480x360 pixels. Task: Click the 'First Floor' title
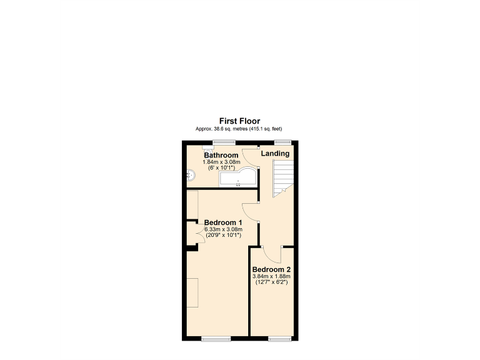tap(239, 121)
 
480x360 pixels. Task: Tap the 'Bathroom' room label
tap(221, 155)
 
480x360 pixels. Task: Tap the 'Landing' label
tap(275, 153)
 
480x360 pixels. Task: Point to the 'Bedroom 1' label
tap(223, 222)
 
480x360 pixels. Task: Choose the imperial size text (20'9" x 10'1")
tap(223, 236)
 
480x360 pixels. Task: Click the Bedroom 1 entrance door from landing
tap(249, 214)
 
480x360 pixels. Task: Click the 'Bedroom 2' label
tap(271, 269)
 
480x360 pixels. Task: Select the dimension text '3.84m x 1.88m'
tap(271, 276)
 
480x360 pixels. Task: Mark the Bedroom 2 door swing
tap(272, 253)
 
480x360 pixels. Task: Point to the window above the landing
tap(283, 142)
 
